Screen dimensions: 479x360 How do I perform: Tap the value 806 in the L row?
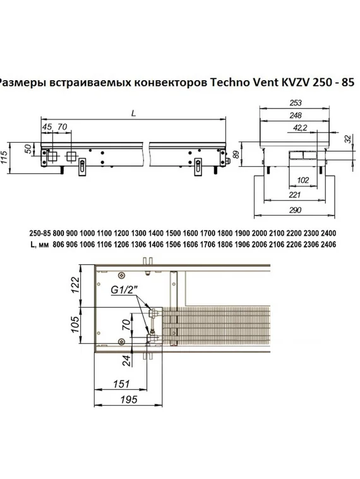click(59, 243)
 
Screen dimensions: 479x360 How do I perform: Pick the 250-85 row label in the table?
click(39, 232)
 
